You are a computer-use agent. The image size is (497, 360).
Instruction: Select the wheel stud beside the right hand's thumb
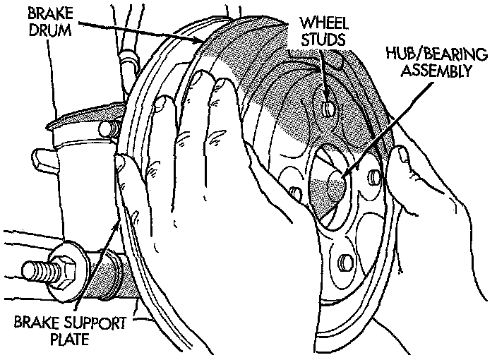click(375, 176)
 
